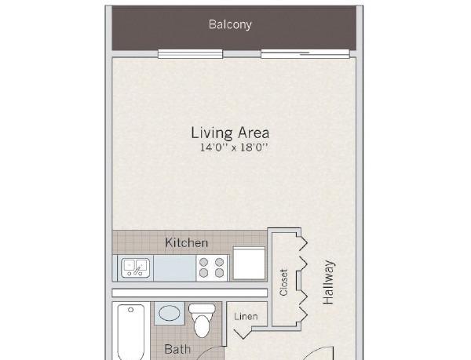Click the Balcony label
pos(230,24)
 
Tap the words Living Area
pos(230,133)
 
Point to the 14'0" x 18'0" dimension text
pos(234,147)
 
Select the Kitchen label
pos(187,242)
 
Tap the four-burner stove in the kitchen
pos(211,268)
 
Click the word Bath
pos(177,349)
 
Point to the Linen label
pos(246,317)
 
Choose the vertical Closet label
pos(283,282)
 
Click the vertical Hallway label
pos(328,282)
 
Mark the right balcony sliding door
pos(305,54)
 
